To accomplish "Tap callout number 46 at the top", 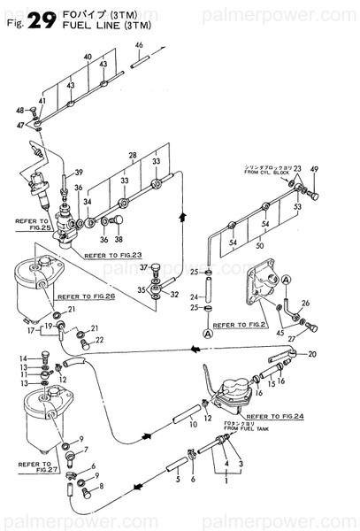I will (x=139, y=45).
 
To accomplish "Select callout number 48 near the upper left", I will (x=19, y=111).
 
